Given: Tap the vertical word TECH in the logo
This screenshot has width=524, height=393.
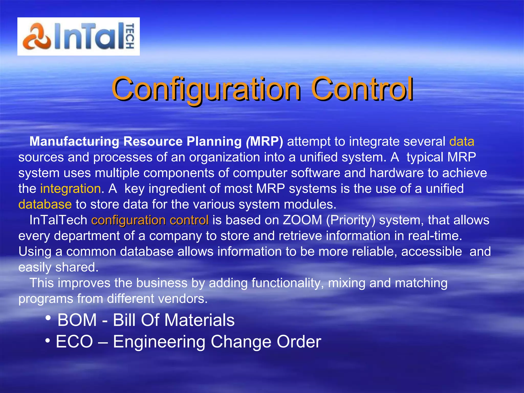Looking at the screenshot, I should (130, 36).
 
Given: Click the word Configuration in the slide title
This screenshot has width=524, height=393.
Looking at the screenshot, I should (206, 89).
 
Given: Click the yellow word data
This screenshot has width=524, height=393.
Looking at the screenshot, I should (462, 141).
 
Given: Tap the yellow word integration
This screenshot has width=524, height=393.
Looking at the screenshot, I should (70, 189).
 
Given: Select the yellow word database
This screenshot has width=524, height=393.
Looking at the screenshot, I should (45, 204).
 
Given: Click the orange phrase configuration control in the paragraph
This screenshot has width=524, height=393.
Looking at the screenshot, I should (150, 220).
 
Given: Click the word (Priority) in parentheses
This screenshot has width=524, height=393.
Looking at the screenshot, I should (351, 220).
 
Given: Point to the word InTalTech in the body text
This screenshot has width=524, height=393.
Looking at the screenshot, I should (58, 220).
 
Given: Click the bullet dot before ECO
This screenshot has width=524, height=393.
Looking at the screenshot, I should (48, 341).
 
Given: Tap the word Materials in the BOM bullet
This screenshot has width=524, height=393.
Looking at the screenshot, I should (199, 320).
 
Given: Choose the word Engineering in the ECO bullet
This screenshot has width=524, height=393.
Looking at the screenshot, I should (159, 342).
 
